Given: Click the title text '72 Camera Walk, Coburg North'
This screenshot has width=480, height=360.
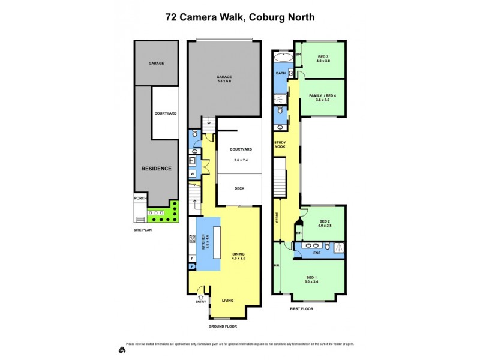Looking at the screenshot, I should pyautogui.click(x=240, y=17).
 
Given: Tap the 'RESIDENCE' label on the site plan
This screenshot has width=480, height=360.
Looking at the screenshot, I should pyautogui.click(x=156, y=169).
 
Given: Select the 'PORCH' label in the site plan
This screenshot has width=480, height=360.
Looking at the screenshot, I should pyautogui.click(x=140, y=198).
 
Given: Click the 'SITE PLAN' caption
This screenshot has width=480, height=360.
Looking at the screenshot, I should pyautogui.click(x=143, y=229).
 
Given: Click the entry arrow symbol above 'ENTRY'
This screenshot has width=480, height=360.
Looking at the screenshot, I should pyautogui.click(x=200, y=296).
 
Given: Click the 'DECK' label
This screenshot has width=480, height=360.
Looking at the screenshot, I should pyautogui.click(x=239, y=188).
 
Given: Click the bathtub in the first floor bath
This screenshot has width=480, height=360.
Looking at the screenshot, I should pyautogui.click(x=282, y=58).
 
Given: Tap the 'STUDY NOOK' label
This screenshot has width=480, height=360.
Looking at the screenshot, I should pyautogui.click(x=280, y=145).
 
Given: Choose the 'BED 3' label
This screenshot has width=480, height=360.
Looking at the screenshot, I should pyautogui.click(x=323, y=56).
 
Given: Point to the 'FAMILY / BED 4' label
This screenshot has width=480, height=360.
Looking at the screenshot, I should pyautogui.click(x=323, y=96).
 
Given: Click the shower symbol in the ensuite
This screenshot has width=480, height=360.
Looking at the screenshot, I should pyautogui.click(x=340, y=247).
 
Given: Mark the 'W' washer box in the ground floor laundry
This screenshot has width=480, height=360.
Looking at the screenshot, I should pyautogui.click(x=192, y=174).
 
